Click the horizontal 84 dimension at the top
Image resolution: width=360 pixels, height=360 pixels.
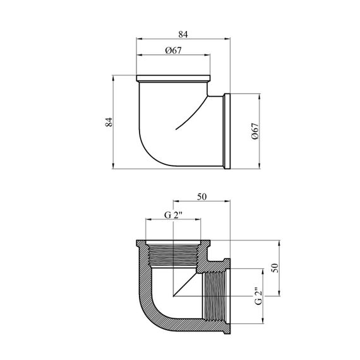point(183,35)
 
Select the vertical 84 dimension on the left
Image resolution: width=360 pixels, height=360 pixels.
point(109,122)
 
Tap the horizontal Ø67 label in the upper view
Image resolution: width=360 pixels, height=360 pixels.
point(173,51)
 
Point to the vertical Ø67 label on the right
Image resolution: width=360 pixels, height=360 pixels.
point(255,131)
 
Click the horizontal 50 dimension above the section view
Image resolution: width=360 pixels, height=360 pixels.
point(202,197)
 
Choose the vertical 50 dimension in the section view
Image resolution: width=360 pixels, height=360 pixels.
point(275,268)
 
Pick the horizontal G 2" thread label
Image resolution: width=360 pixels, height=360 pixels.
point(173,215)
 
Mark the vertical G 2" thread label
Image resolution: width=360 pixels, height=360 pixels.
point(258,296)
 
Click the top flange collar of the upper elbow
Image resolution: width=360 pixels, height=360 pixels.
point(173,78)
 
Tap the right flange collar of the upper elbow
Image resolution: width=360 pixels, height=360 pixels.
point(227,131)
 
